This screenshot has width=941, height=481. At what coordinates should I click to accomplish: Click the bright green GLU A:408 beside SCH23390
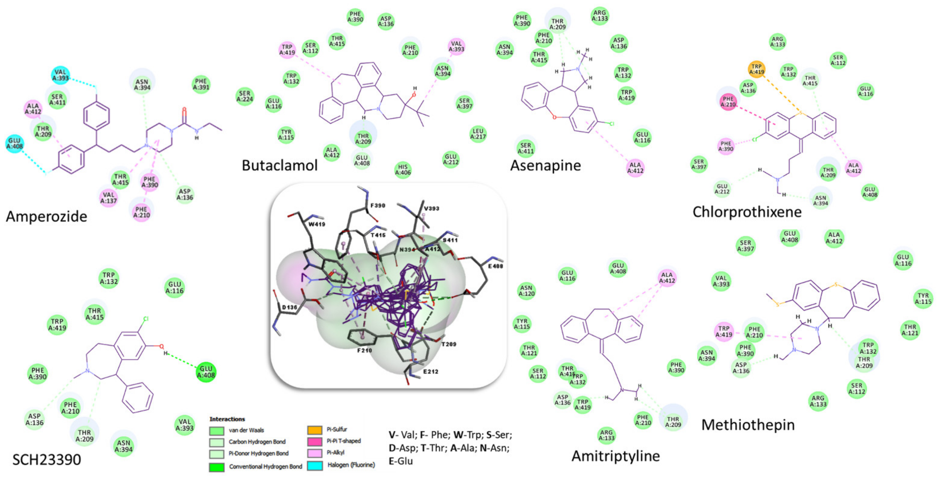click(x=206, y=372)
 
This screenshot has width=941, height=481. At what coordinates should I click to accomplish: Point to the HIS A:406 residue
click(x=403, y=170)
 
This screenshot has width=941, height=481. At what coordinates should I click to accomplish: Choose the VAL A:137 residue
click(x=109, y=198)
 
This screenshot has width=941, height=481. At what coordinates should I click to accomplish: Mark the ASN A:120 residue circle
click(x=526, y=291)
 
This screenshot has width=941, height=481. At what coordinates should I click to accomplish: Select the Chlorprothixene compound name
click(x=747, y=212)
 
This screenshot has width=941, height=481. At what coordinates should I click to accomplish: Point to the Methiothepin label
click(x=748, y=425)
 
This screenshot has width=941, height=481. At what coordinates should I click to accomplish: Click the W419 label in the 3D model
click(x=316, y=224)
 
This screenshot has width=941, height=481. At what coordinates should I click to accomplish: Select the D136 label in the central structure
click(x=289, y=307)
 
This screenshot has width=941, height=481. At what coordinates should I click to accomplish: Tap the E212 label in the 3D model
click(x=430, y=372)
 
